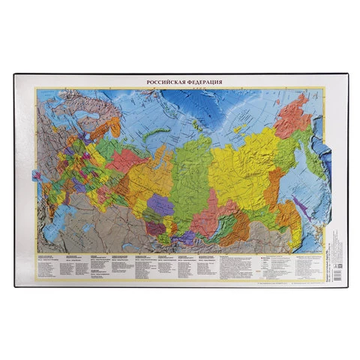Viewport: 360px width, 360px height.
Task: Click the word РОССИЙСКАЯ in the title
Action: (159, 82)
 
